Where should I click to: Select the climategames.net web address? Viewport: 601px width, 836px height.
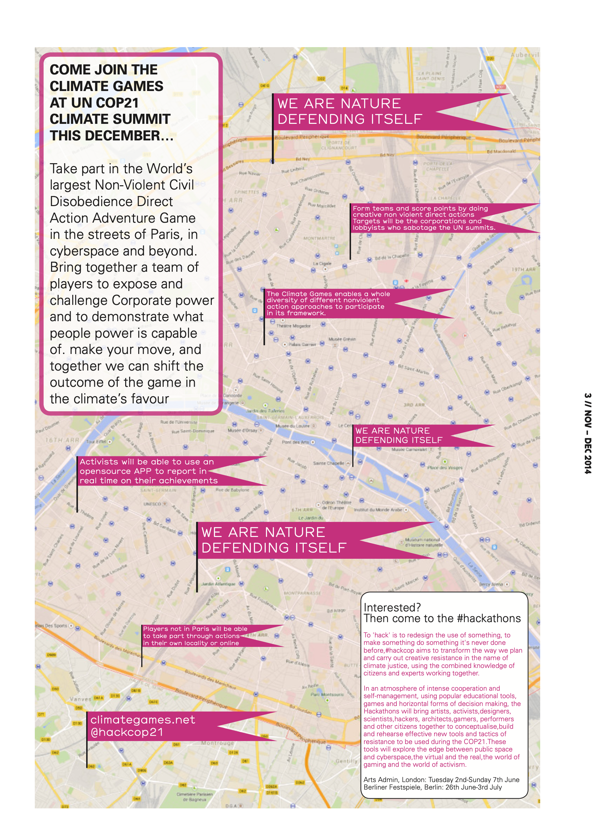coord(142,720)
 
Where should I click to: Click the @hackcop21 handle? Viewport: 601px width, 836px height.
coord(126,732)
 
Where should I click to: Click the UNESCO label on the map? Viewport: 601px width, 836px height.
coord(152,504)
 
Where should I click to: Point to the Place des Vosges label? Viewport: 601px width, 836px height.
coord(444,468)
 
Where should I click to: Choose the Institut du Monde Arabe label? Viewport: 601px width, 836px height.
coord(378,510)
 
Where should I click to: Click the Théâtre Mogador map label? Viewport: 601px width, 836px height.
coord(293,326)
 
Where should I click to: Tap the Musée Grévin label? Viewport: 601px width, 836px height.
coord(342,339)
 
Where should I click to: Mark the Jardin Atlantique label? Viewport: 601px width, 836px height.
coord(218,584)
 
